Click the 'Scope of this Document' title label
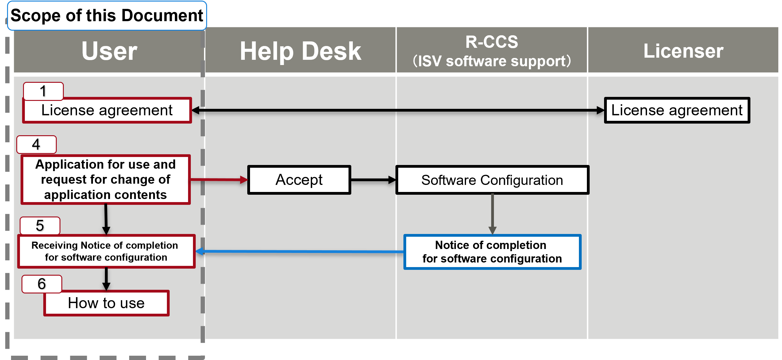pyautogui.click(x=107, y=16)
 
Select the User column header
pyautogui.click(x=109, y=51)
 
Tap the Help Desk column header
pyautogui.click(x=300, y=51)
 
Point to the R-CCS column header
pyautogui.click(x=491, y=51)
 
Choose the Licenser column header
pyautogui.click(x=683, y=51)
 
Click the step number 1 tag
pyautogui.click(x=43, y=91)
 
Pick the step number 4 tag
pyautogui.click(x=37, y=144)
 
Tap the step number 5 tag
pyautogui.click(x=40, y=225)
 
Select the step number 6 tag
pyautogui.click(x=42, y=284)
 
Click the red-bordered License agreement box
pyautogui.click(x=107, y=110)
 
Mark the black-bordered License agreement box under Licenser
pyautogui.click(x=677, y=110)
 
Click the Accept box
pyautogui.click(x=299, y=180)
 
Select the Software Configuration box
pyautogui.click(x=492, y=180)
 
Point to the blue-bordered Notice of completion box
pyautogui.click(x=492, y=252)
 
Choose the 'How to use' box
pyautogui.click(x=106, y=303)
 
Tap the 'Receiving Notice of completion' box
pyautogui.click(x=106, y=251)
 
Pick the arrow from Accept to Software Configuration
pyautogui.click(x=373, y=180)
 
